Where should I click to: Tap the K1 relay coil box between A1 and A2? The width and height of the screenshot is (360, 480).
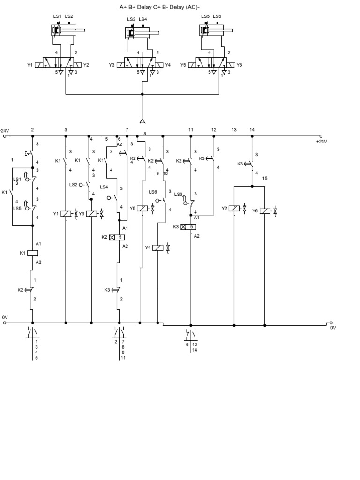point(32,253)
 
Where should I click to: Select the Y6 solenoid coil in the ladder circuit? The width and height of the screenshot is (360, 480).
point(265,211)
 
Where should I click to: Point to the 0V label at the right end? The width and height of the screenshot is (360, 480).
point(333,328)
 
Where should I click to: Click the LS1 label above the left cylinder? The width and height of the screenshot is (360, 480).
point(57,16)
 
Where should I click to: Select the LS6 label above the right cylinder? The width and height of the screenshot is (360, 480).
point(217,16)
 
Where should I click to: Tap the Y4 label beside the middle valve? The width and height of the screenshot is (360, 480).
point(168,65)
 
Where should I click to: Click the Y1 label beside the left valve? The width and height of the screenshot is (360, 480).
point(30,65)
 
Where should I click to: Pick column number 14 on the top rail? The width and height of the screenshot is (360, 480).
point(252,129)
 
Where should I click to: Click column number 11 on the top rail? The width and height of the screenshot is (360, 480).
point(191,129)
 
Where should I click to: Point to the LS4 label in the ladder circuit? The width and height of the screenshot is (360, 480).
point(104,187)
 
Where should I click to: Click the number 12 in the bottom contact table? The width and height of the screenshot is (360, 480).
point(195,345)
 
